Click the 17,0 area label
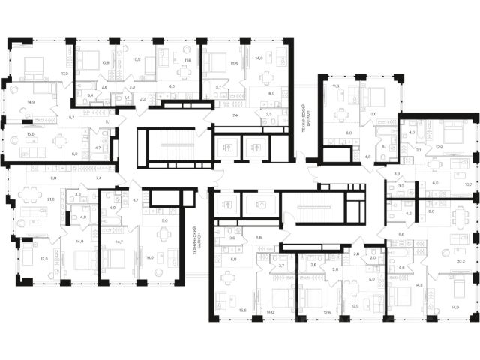click(x=65, y=73)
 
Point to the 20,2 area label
click(x=460, y=262)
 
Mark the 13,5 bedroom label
click(x=234, y=64)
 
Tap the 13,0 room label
click(x=372, y=114)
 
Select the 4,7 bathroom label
click(x=97, y=148)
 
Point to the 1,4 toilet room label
click(x=127, y=98)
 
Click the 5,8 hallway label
click(x=258, y=238)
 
